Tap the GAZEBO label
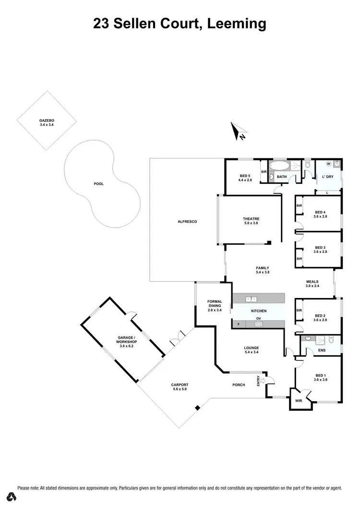(x=47, y=122)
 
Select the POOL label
(x=99, y=184)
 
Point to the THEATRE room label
(x=251, y=220)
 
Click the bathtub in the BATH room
(x=279, y=166)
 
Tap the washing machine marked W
(x=329, y=163)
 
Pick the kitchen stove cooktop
(x=259, y=324)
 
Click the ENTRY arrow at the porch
(x=263, y=381)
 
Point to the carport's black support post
(x=197, y=408)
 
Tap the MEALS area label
(x=312, y=284)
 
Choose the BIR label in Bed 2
(x=299, y=310)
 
